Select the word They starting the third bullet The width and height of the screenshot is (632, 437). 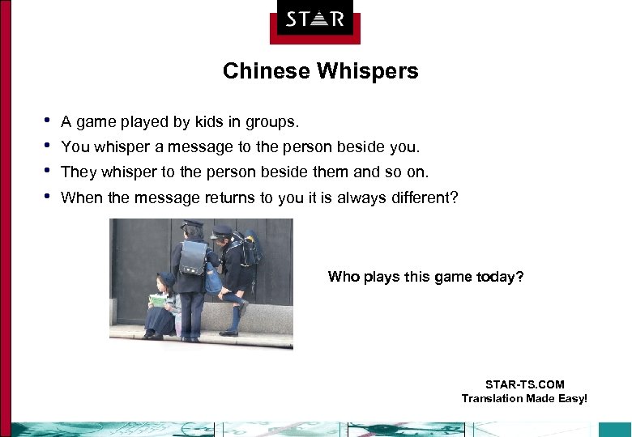pos(78,172)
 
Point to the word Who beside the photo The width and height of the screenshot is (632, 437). pos(342,277)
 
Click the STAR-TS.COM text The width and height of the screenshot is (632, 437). pos(524,384)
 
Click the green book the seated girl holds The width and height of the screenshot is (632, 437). pos(157,300)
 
